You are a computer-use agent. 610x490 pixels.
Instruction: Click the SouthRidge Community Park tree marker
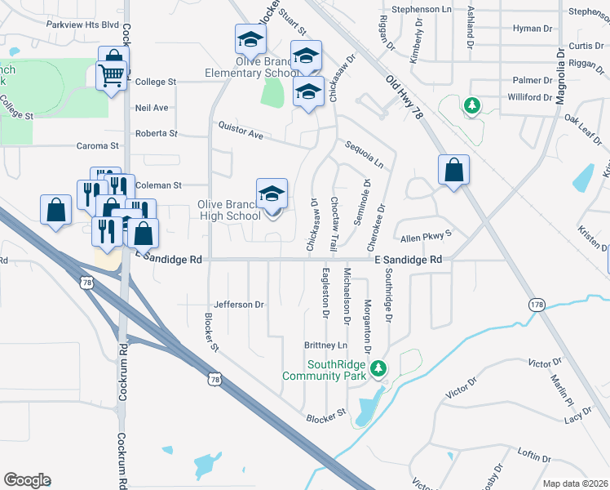[378, 368]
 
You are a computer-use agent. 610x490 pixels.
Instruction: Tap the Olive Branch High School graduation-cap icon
[272, 194]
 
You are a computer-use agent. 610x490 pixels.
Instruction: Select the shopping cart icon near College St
[110, 77]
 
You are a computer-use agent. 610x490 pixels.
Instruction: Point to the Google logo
[27, 480]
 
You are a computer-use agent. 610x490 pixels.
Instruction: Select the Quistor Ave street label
[241, 130]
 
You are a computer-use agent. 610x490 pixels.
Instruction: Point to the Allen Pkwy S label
[425, 237]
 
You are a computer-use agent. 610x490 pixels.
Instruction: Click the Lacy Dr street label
[577, 418]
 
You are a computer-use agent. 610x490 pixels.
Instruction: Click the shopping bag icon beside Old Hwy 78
[453, 171]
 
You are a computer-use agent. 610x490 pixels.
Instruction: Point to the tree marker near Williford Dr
[471, 105]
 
